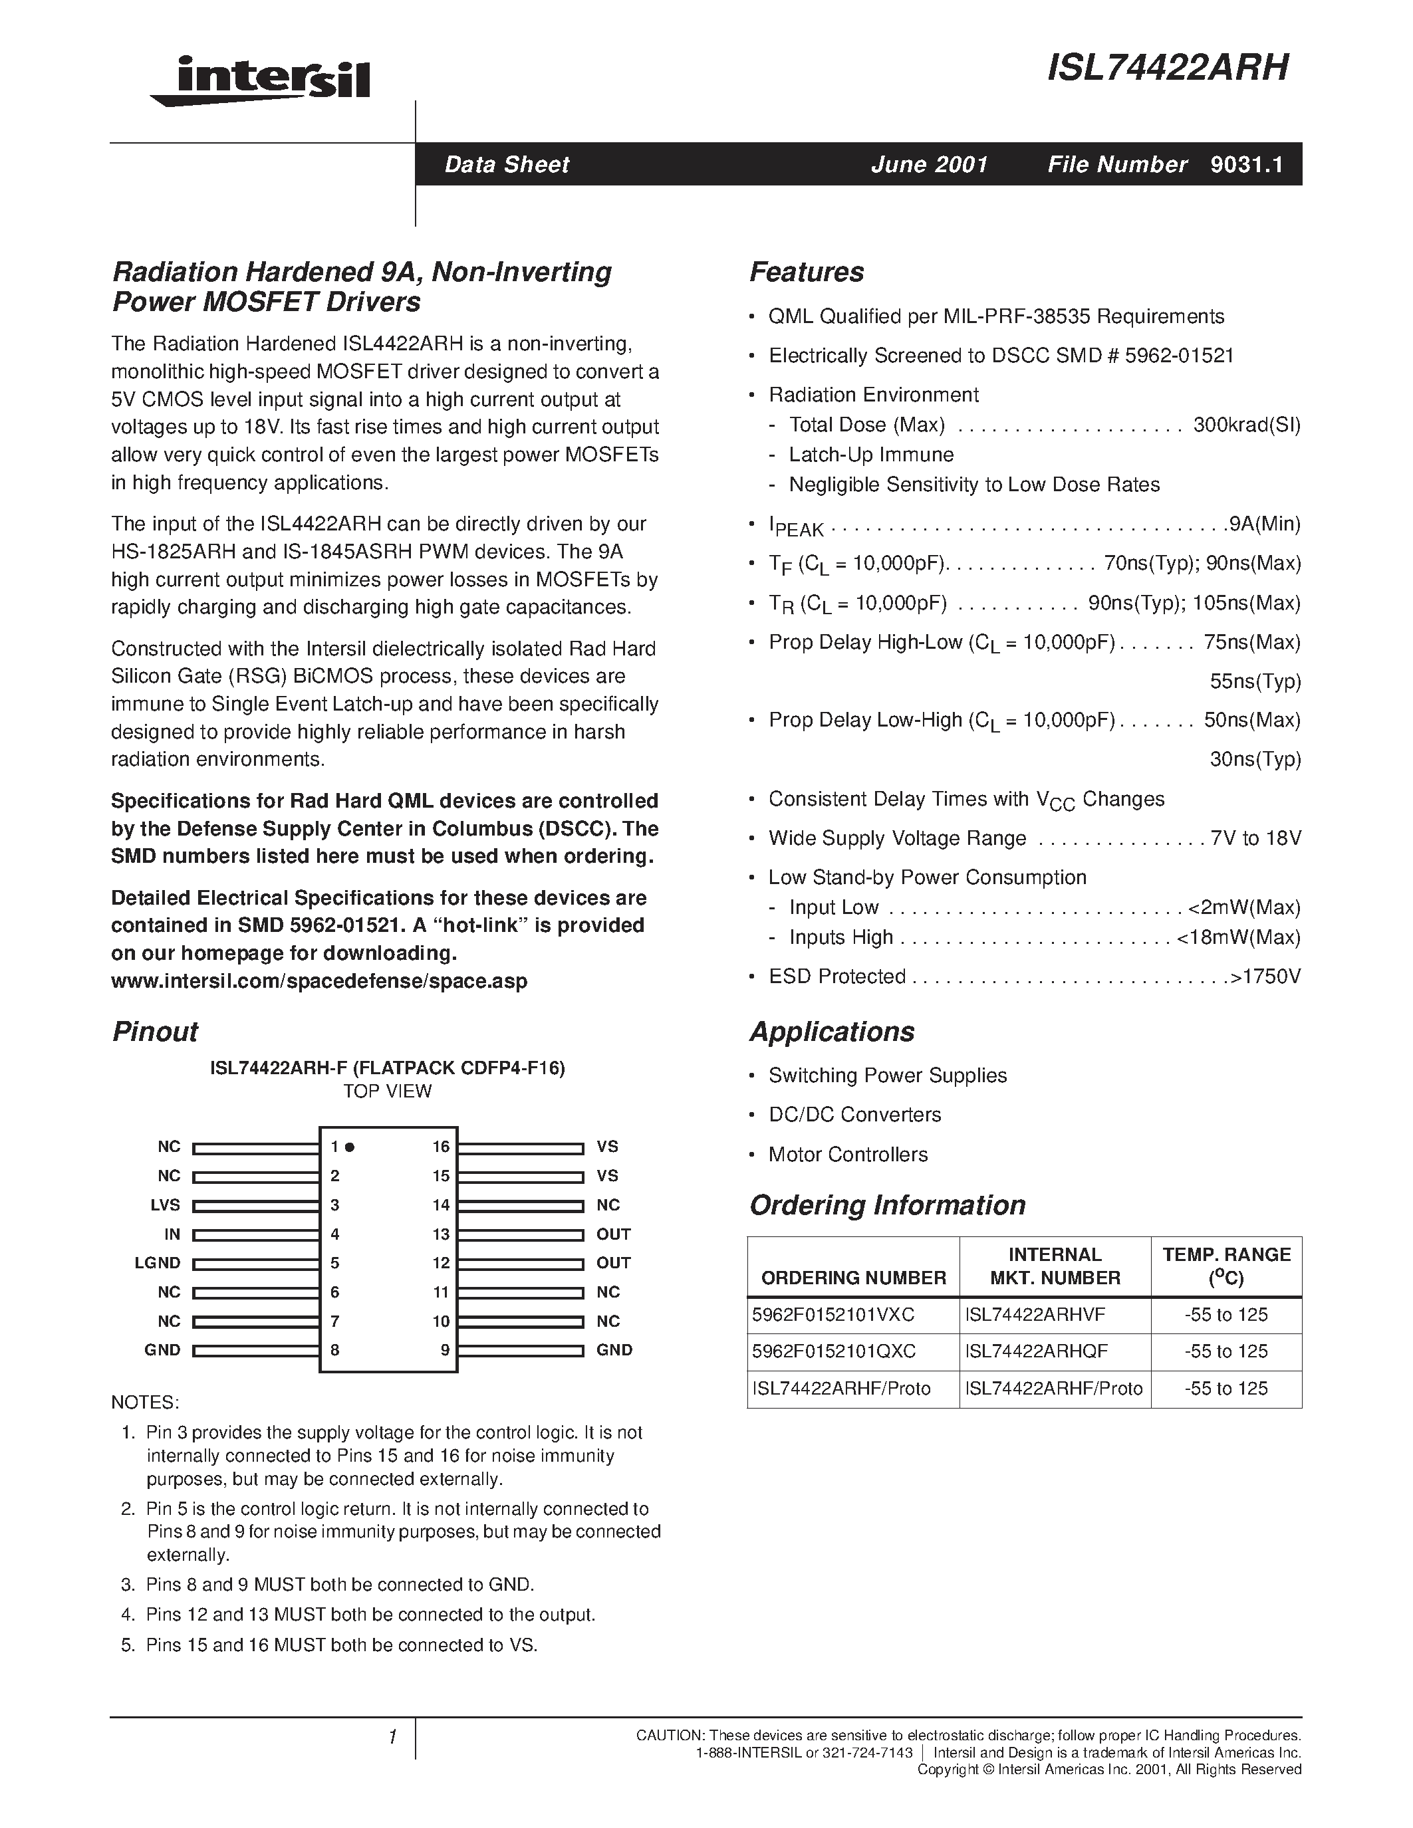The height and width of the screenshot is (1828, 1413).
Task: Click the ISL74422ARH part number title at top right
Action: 1168,68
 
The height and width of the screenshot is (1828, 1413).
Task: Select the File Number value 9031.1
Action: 1245,164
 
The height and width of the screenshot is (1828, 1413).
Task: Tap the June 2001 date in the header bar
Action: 929,164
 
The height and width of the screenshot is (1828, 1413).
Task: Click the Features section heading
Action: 806,272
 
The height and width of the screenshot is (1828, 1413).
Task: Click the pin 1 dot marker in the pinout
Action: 350,1147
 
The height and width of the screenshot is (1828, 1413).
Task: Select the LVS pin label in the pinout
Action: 165,1205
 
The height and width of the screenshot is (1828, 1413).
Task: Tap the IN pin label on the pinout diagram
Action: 172,1234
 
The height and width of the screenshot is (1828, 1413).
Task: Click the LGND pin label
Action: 158,1263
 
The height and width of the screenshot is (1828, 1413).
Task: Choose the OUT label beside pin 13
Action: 614,1234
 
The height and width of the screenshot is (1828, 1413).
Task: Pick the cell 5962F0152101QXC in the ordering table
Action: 834,1352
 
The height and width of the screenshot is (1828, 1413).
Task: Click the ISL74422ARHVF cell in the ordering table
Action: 1035,1315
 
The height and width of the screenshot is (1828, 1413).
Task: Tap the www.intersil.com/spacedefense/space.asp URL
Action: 319,981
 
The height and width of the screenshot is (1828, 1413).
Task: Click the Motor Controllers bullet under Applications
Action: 848,1155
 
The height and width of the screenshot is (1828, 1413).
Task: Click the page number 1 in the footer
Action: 392,1738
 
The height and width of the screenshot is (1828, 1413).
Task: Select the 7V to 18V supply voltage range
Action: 1255,839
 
